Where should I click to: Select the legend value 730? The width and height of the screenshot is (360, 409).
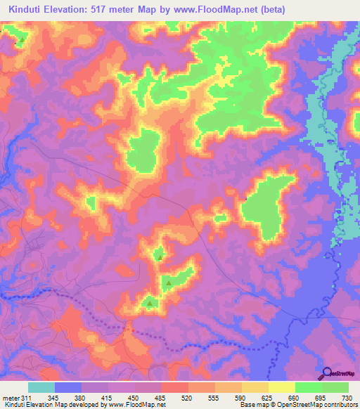click(x=347, y=398)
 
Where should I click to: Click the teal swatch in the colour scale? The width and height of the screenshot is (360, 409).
click(x=41, y=387)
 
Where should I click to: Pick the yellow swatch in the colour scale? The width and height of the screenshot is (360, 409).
click(x=281, y=387)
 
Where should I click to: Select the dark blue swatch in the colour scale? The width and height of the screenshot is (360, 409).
click(x=68, y=387)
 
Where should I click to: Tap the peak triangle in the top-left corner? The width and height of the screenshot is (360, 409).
click(x=20, y=39)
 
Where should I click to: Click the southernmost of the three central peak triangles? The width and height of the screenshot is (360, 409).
click(x=150, y=303)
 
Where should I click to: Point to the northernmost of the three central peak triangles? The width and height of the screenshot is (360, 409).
click(x=160, y=257)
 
